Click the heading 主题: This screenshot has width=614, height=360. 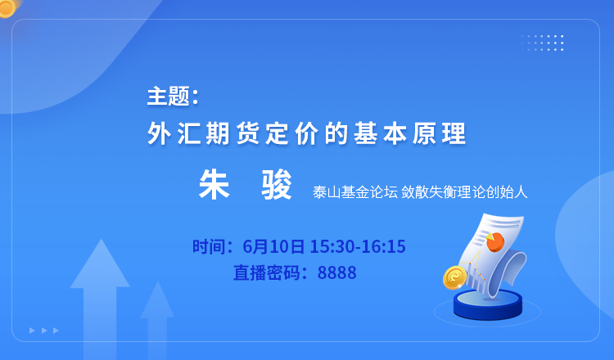click(173, 97)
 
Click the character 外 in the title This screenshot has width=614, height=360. click(160, 133)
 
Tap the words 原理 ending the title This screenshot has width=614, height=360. click(440, 133)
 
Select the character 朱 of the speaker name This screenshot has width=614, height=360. click(214, 185)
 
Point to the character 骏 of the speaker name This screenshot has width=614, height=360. click(277, 185)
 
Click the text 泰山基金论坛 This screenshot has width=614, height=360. click(355, 192)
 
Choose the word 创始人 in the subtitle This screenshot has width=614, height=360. click(507, 192)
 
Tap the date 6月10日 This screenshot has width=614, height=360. click(273, 246)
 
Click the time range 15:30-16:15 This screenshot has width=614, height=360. click(358, 246)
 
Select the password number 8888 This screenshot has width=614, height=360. click(336, 272)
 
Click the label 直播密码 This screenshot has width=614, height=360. click(267, 272)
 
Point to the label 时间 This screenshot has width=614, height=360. click(208, 246)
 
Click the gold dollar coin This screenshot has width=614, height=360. click(454, 277)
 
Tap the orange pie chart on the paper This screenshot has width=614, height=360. click(495, 241)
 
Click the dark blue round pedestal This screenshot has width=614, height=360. click(488, 304)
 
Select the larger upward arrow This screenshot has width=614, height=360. click(100, 297)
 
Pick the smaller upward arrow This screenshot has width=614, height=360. click(157, 319)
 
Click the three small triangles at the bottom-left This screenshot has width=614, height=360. click(44, 331)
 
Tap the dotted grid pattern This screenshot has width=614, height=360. click(542, 43)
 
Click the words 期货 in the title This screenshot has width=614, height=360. click(233, 133)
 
